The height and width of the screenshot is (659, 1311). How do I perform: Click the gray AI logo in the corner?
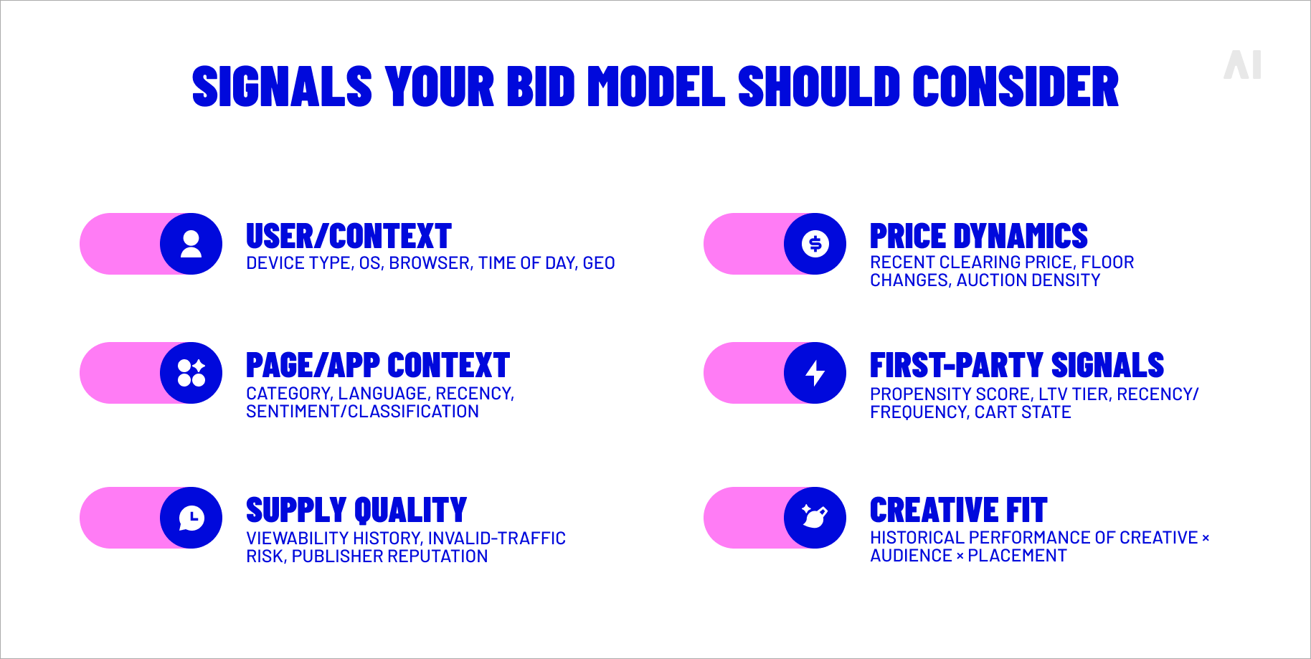point(1242,65)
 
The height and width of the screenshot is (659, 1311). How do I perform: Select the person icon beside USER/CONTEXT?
point(191,244)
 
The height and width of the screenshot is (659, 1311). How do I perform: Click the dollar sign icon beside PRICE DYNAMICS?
point(815,244)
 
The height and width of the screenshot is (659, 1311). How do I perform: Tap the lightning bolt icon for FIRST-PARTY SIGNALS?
point(815,373)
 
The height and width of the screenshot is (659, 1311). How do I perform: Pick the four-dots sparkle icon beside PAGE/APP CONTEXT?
point(191,373)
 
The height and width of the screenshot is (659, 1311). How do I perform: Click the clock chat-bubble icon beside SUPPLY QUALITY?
point(191,518)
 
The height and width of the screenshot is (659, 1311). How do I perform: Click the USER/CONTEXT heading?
point(349,237)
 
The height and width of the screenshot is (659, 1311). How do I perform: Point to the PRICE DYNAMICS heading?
point(978,237)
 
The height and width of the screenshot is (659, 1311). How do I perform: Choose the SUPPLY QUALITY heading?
point(356,511)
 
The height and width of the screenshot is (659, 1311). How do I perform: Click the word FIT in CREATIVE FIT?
point(1026,511)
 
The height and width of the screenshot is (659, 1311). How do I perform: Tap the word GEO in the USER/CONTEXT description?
point(599,263)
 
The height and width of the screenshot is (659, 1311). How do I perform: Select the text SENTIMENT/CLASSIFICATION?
point(362,412)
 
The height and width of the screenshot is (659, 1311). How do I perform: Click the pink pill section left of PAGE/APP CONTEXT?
point(118,373)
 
